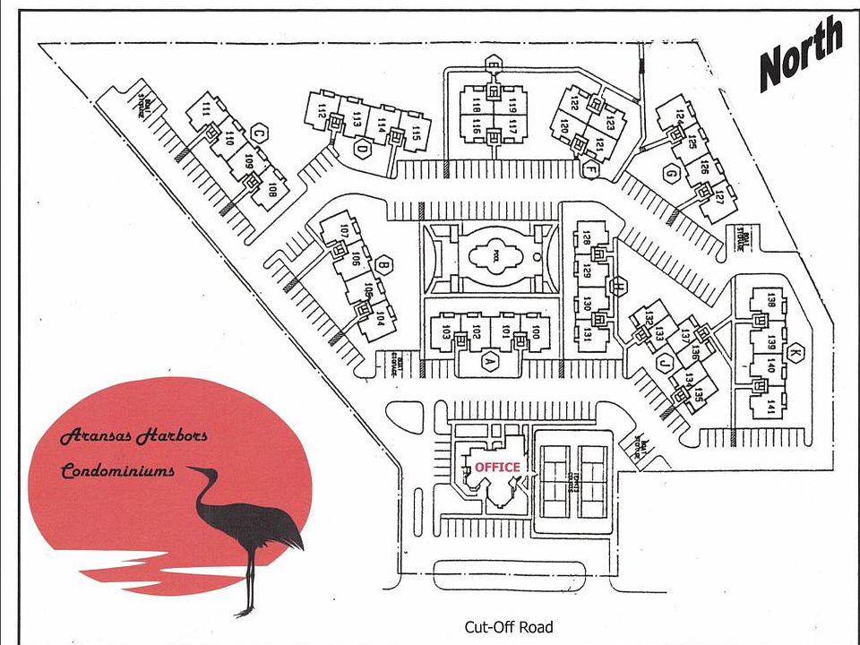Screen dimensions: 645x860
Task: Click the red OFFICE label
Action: [497, 467]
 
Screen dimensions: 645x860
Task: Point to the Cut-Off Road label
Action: [508, 627]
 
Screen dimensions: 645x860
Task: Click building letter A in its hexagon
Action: [489, 362]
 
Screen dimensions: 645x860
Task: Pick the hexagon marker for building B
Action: [383, 264]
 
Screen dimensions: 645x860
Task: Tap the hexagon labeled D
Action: [361, 150]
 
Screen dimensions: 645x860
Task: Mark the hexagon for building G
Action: [669, 174]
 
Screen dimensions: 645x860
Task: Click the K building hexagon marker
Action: [794, 351]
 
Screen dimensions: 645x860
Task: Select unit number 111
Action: [205, 110]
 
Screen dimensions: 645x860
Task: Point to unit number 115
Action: [417, 133]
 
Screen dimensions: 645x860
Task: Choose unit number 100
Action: [536, 333]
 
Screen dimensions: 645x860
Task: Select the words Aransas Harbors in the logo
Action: [133, 437]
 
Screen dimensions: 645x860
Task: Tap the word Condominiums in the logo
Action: [117, 470]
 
